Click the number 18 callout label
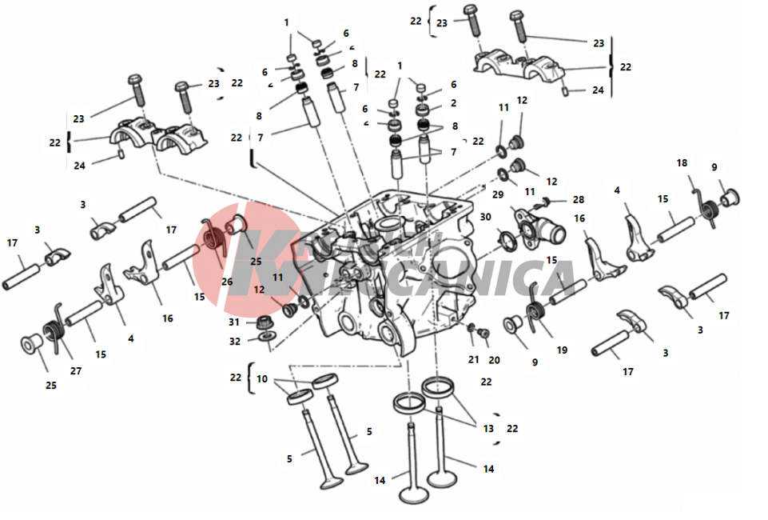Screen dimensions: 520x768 coord(682,163)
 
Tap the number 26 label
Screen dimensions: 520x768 coord(227,281)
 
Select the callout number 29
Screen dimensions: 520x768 coord(498,195)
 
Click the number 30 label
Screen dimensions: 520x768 coord(485,217)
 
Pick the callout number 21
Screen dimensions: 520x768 coord(473,359)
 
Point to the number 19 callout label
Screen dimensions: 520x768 coord(562,350)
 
